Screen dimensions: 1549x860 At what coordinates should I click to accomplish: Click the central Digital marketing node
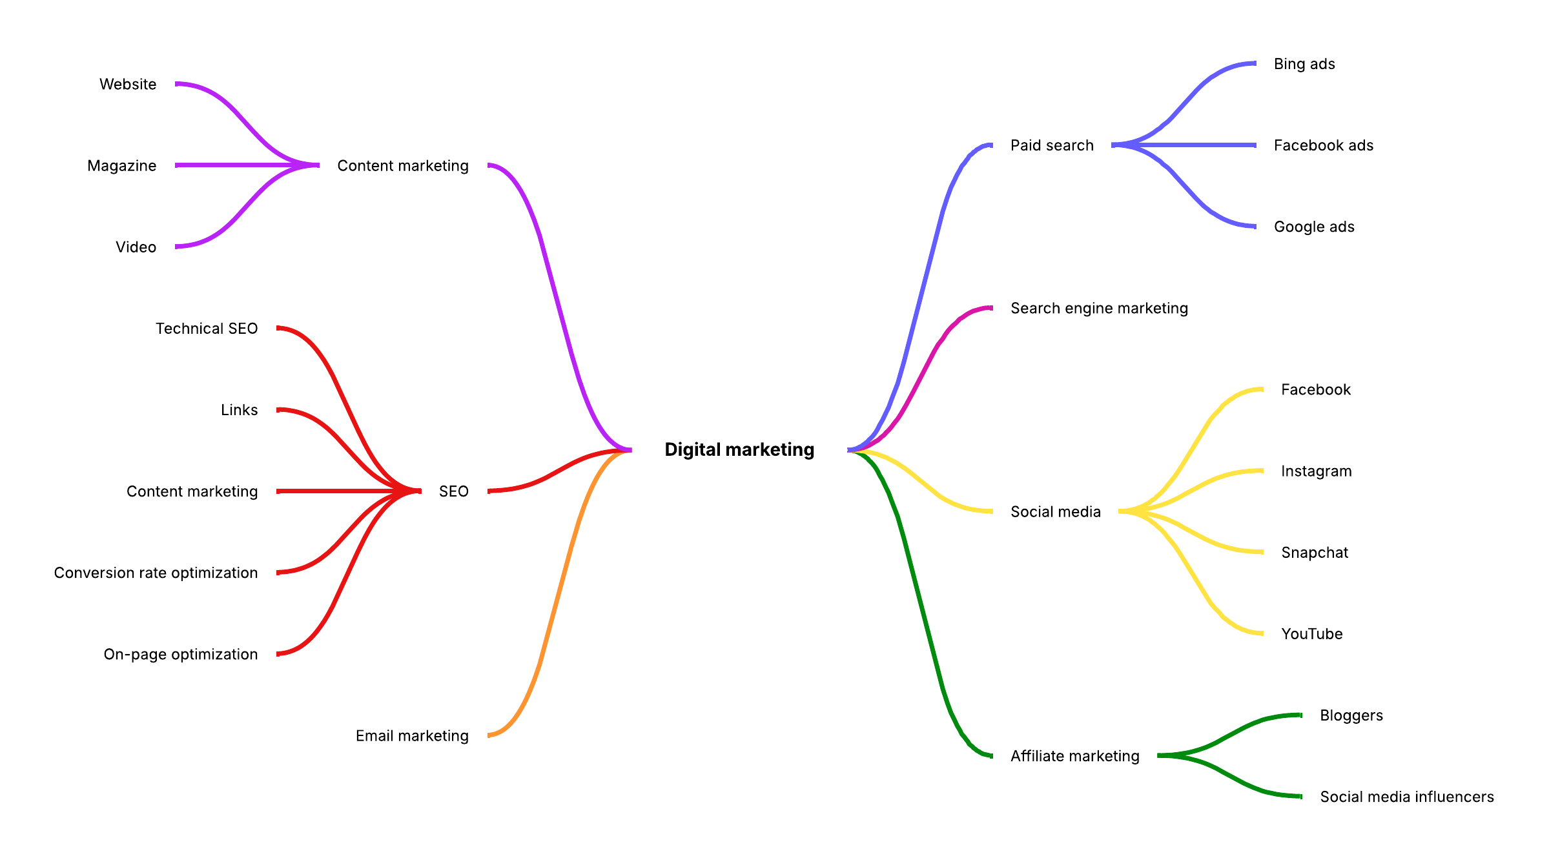pos(739,449)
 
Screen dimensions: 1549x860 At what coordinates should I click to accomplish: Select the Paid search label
pos(1052,145)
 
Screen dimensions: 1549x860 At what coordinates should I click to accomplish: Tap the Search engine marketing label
pos(1099,309)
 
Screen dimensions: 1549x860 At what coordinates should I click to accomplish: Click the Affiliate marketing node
pos(1075,756)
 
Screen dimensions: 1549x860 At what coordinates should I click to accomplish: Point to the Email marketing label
pos(412,735)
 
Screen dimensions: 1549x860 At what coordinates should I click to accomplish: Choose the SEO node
pos(453,491)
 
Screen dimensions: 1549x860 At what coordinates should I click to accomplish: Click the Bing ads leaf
pos(1304,64)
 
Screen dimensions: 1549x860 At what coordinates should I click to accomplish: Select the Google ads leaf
pos(1314,227)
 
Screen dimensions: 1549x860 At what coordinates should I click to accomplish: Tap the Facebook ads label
pos(1324,145)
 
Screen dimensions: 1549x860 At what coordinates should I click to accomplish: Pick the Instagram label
pos(1316,471)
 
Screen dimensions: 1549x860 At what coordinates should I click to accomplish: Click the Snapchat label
pos(1315,553)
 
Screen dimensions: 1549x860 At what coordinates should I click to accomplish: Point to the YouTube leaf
pos(1312,634)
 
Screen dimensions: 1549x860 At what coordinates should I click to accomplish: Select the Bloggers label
pos(1351,715)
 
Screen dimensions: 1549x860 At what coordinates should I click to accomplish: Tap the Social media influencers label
pos(1407,797)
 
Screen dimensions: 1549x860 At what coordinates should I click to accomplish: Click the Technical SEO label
pos(207,329)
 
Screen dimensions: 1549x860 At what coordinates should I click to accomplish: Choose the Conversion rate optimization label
pos(156,573)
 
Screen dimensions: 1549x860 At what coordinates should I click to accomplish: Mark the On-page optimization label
pos(181,654)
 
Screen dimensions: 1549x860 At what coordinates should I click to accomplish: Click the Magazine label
pos(122,166)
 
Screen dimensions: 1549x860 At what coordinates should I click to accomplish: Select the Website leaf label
pos(128,84)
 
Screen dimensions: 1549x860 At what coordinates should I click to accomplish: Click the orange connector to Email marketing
pos(559,593)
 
